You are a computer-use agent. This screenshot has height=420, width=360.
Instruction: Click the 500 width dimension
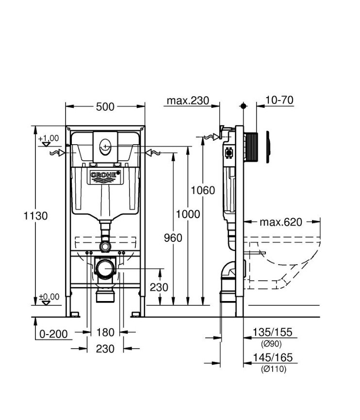coord(105,106)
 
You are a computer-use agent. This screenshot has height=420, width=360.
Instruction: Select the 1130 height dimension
coord(36,216)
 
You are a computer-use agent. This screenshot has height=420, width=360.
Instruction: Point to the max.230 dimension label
coord(188,101)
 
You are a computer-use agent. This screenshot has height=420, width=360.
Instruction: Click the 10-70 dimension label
coord(280,101)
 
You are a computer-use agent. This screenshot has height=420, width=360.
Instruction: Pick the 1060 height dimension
coord(202,190)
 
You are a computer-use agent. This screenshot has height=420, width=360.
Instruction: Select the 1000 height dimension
coord(188,214)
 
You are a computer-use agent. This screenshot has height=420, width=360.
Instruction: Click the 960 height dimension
coord(173,237)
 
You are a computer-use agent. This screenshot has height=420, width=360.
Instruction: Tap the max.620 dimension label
coord(280,222)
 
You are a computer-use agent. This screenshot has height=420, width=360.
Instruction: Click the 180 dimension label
coord(105,333)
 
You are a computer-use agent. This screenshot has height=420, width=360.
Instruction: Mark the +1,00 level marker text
coord(49,138)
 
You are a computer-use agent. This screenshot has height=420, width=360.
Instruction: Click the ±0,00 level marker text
coord(49,296)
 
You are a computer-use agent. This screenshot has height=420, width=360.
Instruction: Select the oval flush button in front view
coord(105,145)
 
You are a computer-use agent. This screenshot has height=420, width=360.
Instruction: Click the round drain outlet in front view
coord(105,268)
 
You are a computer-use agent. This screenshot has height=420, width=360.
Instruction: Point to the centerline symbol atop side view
coord(244,105)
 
